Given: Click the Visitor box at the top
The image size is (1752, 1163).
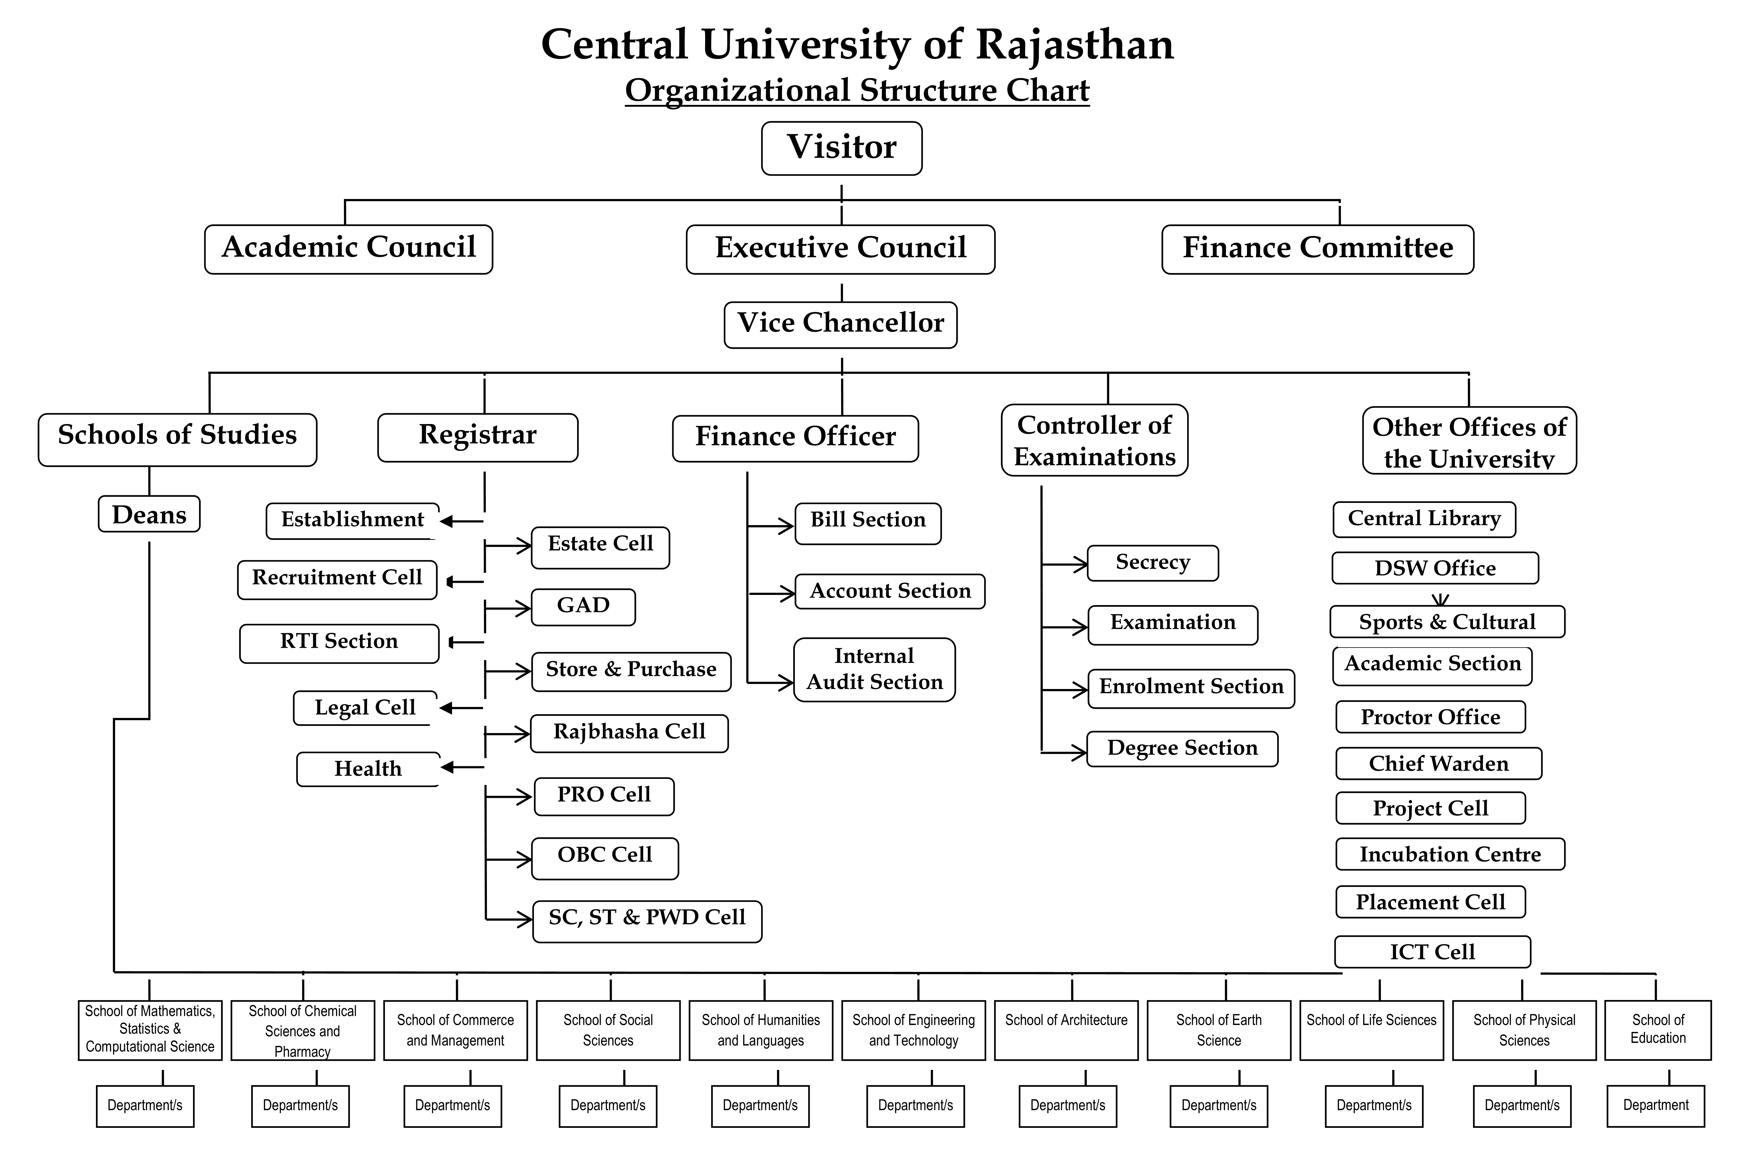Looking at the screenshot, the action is pos(841,148).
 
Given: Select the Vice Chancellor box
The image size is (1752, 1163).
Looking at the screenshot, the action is pos(841,325).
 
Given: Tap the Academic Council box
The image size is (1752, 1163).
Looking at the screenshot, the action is pos(349,249).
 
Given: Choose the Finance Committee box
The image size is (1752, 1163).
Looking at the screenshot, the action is pos(1317,249).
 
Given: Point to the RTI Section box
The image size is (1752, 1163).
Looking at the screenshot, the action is pos(339,643).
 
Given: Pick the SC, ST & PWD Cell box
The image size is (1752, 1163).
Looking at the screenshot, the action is pos(647,921).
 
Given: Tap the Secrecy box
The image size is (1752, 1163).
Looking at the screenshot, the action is pos(1153,563).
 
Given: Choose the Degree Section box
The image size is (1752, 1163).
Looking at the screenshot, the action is pos(1182,748).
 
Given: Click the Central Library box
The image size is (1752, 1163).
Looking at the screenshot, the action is pos(1424,519).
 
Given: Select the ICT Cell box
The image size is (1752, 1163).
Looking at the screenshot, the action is pos(1432,952).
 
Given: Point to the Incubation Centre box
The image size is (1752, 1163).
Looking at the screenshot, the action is pos(1450,854).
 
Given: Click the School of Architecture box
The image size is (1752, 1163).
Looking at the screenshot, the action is pos(1066,1030).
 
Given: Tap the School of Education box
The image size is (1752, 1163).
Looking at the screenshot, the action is pos(1658,1030).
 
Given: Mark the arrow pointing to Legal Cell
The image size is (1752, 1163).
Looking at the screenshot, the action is pos(461,708).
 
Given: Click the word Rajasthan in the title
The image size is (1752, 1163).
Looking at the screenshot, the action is pos(1075,44).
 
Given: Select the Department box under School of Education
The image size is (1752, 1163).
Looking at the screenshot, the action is pos(1656,1106).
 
